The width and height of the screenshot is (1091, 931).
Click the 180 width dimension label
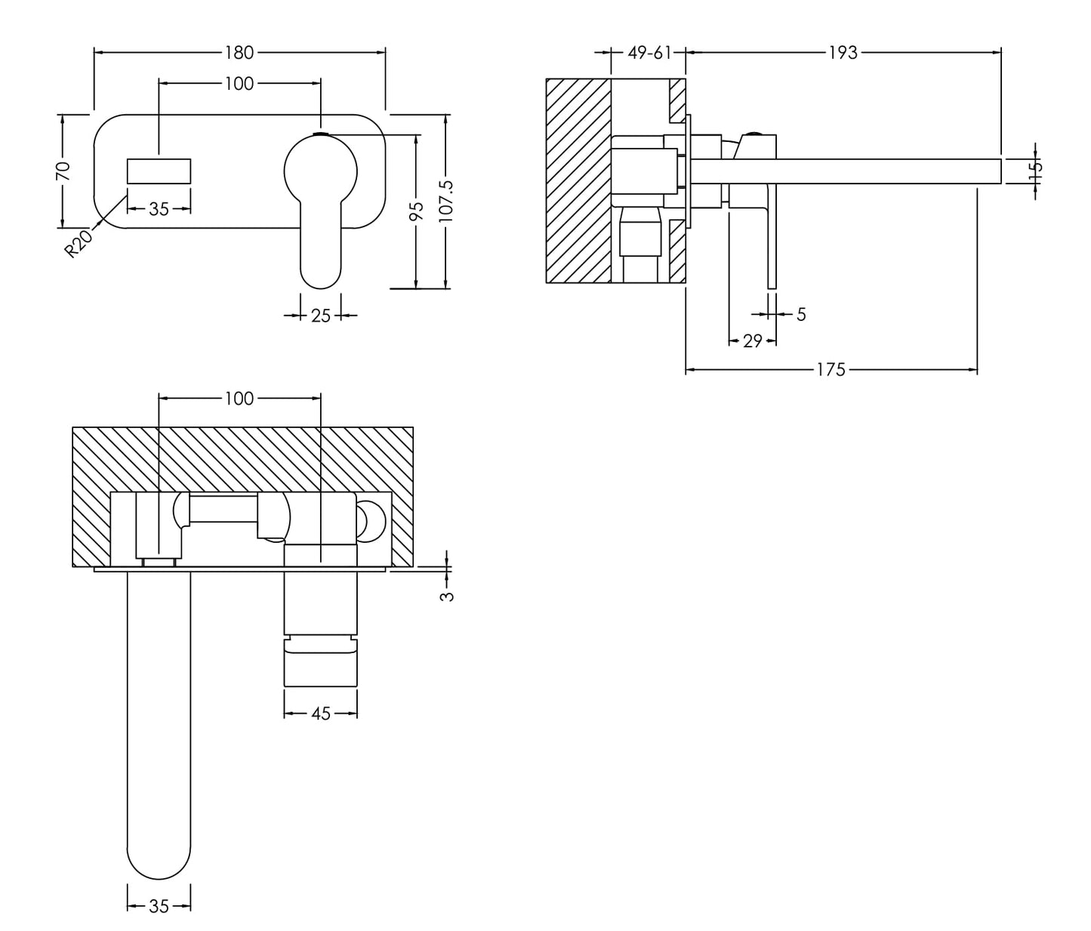(x=239, y=52)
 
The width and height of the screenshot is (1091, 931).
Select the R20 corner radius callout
(x=79, y=244)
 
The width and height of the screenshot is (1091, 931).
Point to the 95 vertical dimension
(x=416, y=211)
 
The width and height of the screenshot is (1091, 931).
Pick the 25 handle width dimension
(x=321, y=316)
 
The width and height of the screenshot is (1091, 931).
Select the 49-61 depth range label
(x=649, y=52)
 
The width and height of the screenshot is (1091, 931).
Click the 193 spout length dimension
(x=843, y=52)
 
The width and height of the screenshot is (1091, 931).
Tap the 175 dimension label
(x=831, y=370)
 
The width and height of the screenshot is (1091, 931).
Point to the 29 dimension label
(x=752, y=341)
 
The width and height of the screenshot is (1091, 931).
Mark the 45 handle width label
(x=321, y=713)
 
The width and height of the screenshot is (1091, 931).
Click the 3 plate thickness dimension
(x=448, y=595)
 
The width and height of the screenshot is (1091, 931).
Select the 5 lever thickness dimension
(x=801, y=314)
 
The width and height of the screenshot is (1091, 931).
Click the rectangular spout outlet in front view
(x=159, y=171)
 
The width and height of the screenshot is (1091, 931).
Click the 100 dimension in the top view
(x=239, y=398)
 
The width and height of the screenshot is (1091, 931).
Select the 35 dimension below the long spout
(x=159, y=906)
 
